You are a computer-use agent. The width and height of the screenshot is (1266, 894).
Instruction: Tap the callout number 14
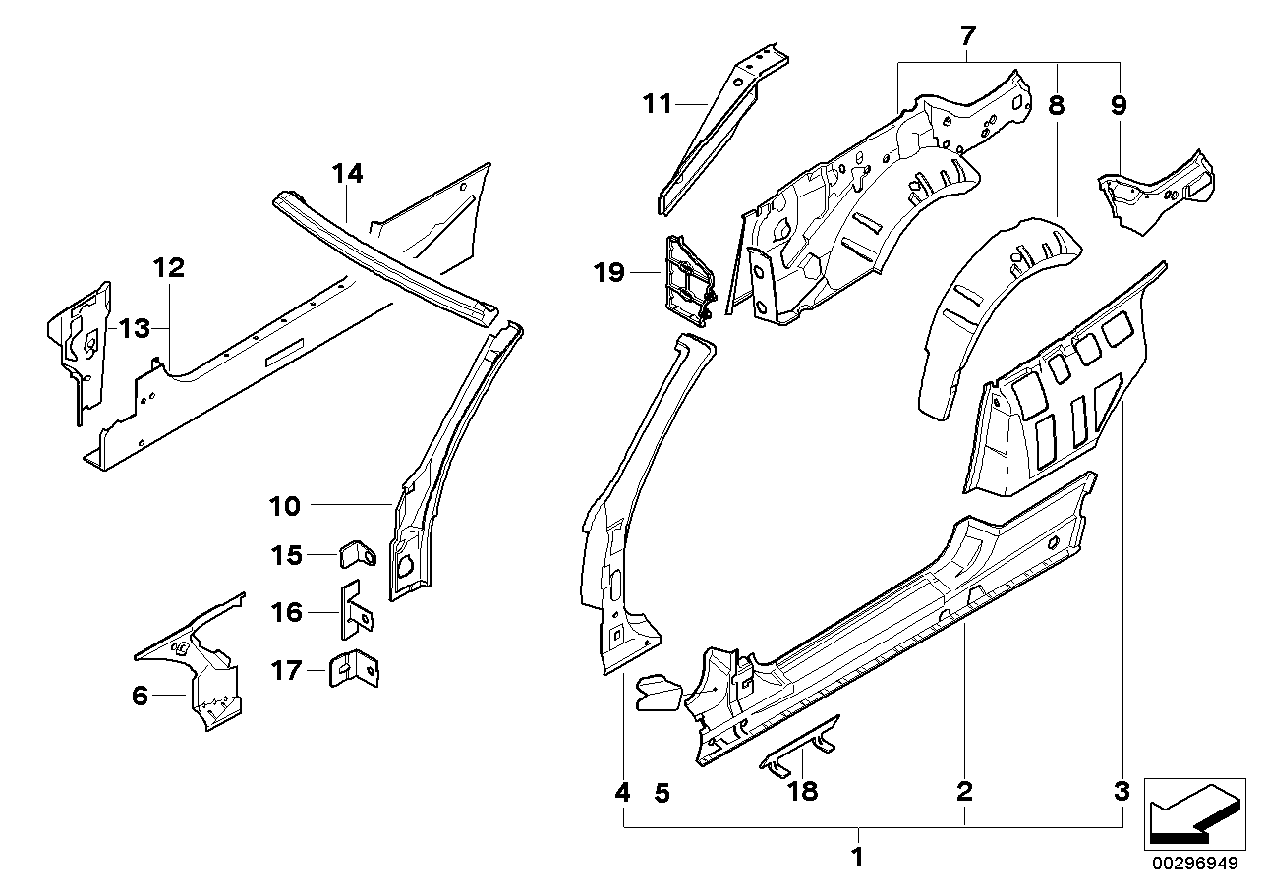pos(347,174)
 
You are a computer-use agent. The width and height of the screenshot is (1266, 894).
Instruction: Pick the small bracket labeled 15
pos(359,555)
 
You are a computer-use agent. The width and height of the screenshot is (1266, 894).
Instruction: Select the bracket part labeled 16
pos(355,613)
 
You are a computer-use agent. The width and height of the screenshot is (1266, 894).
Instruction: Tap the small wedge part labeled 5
pos(657,690)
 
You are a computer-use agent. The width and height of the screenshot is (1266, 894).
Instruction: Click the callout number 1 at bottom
pos(856,858)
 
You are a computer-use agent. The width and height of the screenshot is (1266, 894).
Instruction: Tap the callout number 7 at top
pos(967,37)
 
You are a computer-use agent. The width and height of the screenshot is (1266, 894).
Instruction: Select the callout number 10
pos(285,506)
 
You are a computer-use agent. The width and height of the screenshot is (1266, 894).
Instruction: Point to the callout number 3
pos(1122,790)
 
